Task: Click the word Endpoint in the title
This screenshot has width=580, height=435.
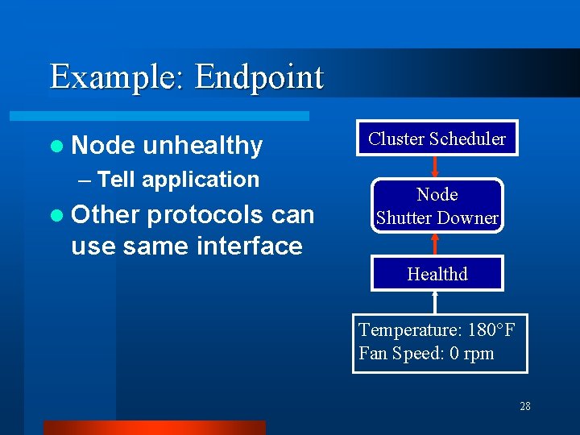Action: (x=259, y=77)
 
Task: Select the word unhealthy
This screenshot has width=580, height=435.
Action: (x=202, y=145)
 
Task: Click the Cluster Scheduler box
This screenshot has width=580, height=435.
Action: (x=437, y=139)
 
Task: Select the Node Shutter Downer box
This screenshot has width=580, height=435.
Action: (x=437, y=206)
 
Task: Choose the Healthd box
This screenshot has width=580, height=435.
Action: (x=437, y=274)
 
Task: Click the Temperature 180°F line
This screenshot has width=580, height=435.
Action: (x=437, y=330)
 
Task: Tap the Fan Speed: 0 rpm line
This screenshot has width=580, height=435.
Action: (x=426, y=354)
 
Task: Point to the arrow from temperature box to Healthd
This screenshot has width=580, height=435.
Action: (x=436, y=302)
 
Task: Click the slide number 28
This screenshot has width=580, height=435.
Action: (x=525, y=406)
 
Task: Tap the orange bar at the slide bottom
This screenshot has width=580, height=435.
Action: (x=154, y=427)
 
